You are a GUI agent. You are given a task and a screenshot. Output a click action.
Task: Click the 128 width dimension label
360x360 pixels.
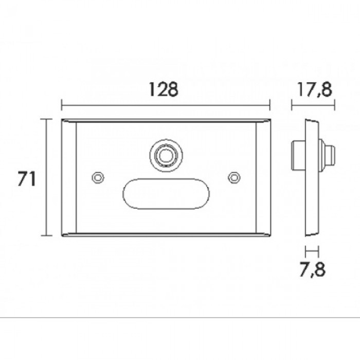164,89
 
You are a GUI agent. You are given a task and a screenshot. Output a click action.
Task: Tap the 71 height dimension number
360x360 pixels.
27,178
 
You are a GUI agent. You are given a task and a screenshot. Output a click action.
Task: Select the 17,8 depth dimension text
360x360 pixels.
315,89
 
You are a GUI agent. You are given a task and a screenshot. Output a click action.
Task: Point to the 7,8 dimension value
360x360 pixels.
313,270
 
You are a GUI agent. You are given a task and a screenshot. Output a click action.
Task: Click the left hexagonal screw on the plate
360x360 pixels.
98,177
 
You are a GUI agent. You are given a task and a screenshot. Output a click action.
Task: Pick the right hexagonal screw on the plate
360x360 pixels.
234,177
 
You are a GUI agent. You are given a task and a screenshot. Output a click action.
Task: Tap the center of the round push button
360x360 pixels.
166,156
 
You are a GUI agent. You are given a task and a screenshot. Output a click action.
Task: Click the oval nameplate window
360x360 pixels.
166,193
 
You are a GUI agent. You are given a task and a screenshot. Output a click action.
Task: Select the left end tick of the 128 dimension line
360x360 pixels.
62,105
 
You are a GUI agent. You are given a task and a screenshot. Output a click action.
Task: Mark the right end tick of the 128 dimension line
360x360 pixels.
270,105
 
